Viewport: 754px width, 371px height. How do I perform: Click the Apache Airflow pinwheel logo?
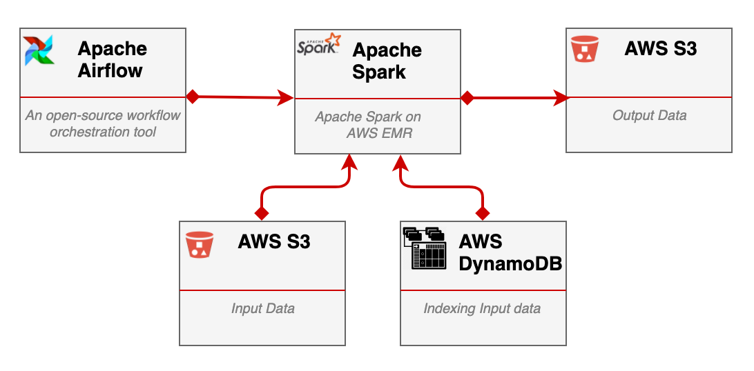tap(39, 50)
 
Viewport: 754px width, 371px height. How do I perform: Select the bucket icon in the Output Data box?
tap(584, 49)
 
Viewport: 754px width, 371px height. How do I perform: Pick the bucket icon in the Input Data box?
tap(200, 245)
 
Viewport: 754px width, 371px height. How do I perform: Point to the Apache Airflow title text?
tap(112, 59)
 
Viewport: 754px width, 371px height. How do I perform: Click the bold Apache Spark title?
tap(387, 61)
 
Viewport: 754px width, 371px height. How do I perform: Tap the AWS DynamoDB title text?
tap(510, 253)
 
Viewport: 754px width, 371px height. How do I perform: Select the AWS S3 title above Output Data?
tap(660, 48)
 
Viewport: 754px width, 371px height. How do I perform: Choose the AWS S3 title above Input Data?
tap(273, 242)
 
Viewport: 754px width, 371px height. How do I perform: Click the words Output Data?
tap(649, 116)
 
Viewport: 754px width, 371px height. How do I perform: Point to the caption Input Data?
tap(262, 308)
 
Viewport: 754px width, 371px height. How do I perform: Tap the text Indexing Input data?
tap(482, 308)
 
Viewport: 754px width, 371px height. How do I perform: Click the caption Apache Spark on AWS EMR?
tap(368, 125)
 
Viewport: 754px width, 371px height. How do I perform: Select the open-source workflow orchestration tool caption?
tap(103, 123)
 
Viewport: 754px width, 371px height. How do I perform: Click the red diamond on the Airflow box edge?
tap(193, 97)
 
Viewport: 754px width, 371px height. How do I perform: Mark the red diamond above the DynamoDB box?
tap(483, 212)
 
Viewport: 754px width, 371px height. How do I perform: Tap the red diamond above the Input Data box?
tap(262, 212)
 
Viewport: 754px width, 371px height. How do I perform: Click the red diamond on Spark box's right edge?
tap(467, 98)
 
